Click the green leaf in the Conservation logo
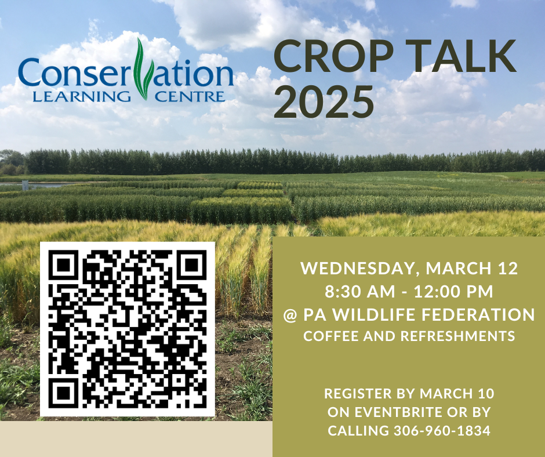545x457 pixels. point(142,69)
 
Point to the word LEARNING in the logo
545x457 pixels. point(81,96)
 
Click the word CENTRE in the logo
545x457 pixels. point(190,96)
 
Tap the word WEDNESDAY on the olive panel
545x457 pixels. point(359,269)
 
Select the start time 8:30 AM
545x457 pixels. point(360,292)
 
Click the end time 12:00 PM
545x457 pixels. point(453,292)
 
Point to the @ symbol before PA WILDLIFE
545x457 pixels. point(290,315)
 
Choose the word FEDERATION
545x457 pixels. point(478,314)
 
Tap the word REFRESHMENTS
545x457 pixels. point(458,336)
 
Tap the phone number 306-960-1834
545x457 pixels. point(442,430)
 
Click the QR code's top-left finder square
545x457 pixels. point(63,264)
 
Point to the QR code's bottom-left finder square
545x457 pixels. point(63,394)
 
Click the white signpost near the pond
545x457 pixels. point(25,186)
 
